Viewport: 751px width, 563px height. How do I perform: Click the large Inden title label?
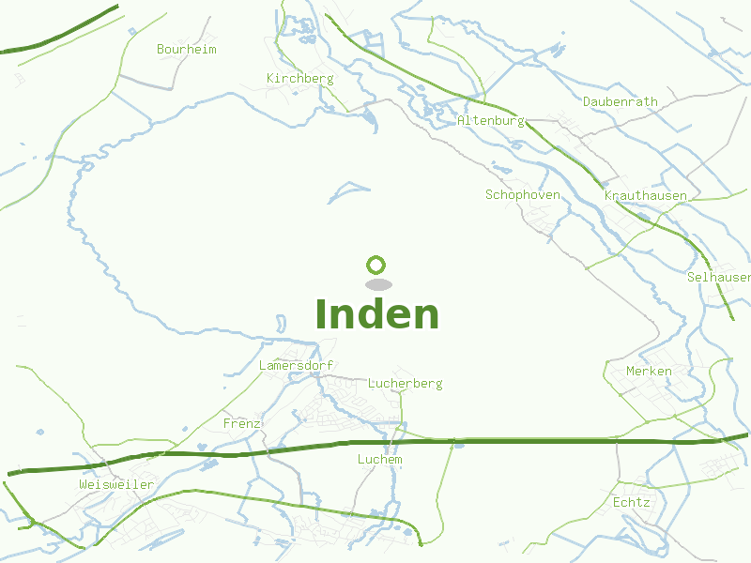point(376,314)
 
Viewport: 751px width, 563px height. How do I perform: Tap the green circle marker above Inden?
point(376,266)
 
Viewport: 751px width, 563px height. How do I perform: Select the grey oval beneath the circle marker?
point(377,284)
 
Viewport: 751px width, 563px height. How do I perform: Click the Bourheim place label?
point(186,49)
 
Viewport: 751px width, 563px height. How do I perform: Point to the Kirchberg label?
point(299,78)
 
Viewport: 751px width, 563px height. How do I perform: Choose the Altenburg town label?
point(489,121)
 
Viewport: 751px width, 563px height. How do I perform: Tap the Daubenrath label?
point(620,101)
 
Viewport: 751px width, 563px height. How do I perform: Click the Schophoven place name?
point(522,194)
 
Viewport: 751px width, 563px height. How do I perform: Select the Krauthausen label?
point(645,195)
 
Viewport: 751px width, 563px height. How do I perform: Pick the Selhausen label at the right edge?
point(718,277)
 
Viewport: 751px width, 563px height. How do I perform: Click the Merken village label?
point(649,371)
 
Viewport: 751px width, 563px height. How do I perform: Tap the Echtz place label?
point(631,502)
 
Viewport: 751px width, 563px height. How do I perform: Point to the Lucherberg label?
point(405,383)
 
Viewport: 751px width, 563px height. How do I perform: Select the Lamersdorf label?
point(296,365)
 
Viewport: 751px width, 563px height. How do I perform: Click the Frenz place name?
point(241,423)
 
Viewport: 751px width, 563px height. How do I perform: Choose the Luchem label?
point(379,459)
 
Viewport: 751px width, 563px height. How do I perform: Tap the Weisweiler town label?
point(116,483)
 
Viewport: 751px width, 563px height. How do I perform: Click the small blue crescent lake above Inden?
point(349,192)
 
